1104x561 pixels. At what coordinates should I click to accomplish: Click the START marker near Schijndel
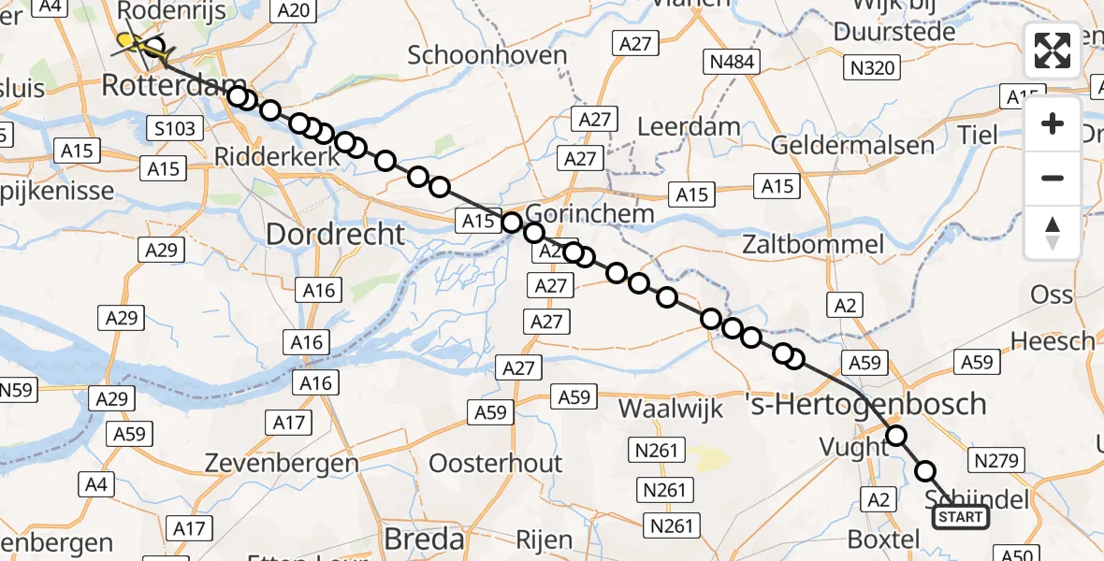(960, 517)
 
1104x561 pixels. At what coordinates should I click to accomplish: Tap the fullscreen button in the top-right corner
(1053, 50)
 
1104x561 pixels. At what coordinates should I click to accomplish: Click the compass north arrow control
(1053, 233)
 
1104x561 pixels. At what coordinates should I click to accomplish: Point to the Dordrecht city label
(336, 234)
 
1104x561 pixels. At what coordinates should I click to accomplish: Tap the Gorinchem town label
(589, 212)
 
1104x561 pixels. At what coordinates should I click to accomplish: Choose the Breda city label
(425, 539)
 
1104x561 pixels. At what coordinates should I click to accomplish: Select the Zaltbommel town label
(812, 245)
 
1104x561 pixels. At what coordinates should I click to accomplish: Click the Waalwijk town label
(672, 409)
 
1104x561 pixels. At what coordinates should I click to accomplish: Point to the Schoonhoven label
(487, 55)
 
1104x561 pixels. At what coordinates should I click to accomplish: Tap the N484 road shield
(732, 63)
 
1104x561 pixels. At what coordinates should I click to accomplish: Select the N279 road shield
(999, 460)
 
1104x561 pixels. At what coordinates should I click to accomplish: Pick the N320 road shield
(872, 67)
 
